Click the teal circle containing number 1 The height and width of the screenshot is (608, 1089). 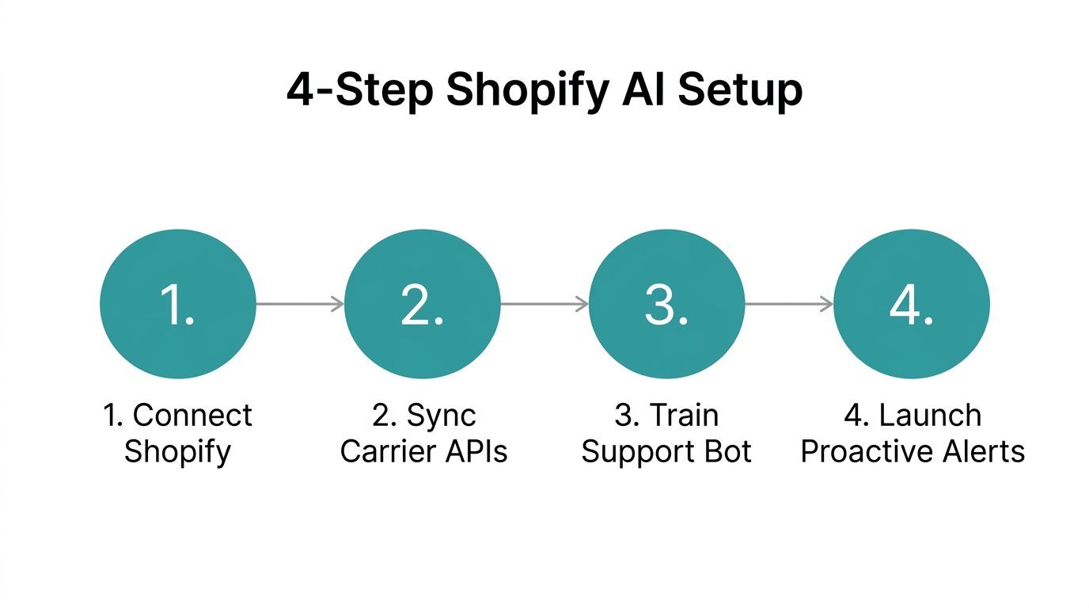tap(178, 305)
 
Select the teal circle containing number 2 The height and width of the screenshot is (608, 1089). tap(423, 305)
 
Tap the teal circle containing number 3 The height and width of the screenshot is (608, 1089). tap(667, 305)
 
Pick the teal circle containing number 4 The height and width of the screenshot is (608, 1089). tap(912, 305)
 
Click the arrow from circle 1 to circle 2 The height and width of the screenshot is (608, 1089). tap(299, 304)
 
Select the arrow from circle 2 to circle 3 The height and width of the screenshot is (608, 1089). tap(544, 304)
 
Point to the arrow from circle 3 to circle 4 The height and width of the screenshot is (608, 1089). tap(788, 304)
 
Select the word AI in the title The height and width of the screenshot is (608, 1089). tap(645, 89)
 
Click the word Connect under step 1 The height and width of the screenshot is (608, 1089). tap(192, 416)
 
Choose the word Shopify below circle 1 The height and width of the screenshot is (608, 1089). tap(177, 453)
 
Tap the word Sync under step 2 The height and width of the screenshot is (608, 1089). tap(441, 416)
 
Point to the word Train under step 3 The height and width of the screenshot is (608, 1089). tap(685, 416)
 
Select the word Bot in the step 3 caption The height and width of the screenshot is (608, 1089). tap(727, 452)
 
